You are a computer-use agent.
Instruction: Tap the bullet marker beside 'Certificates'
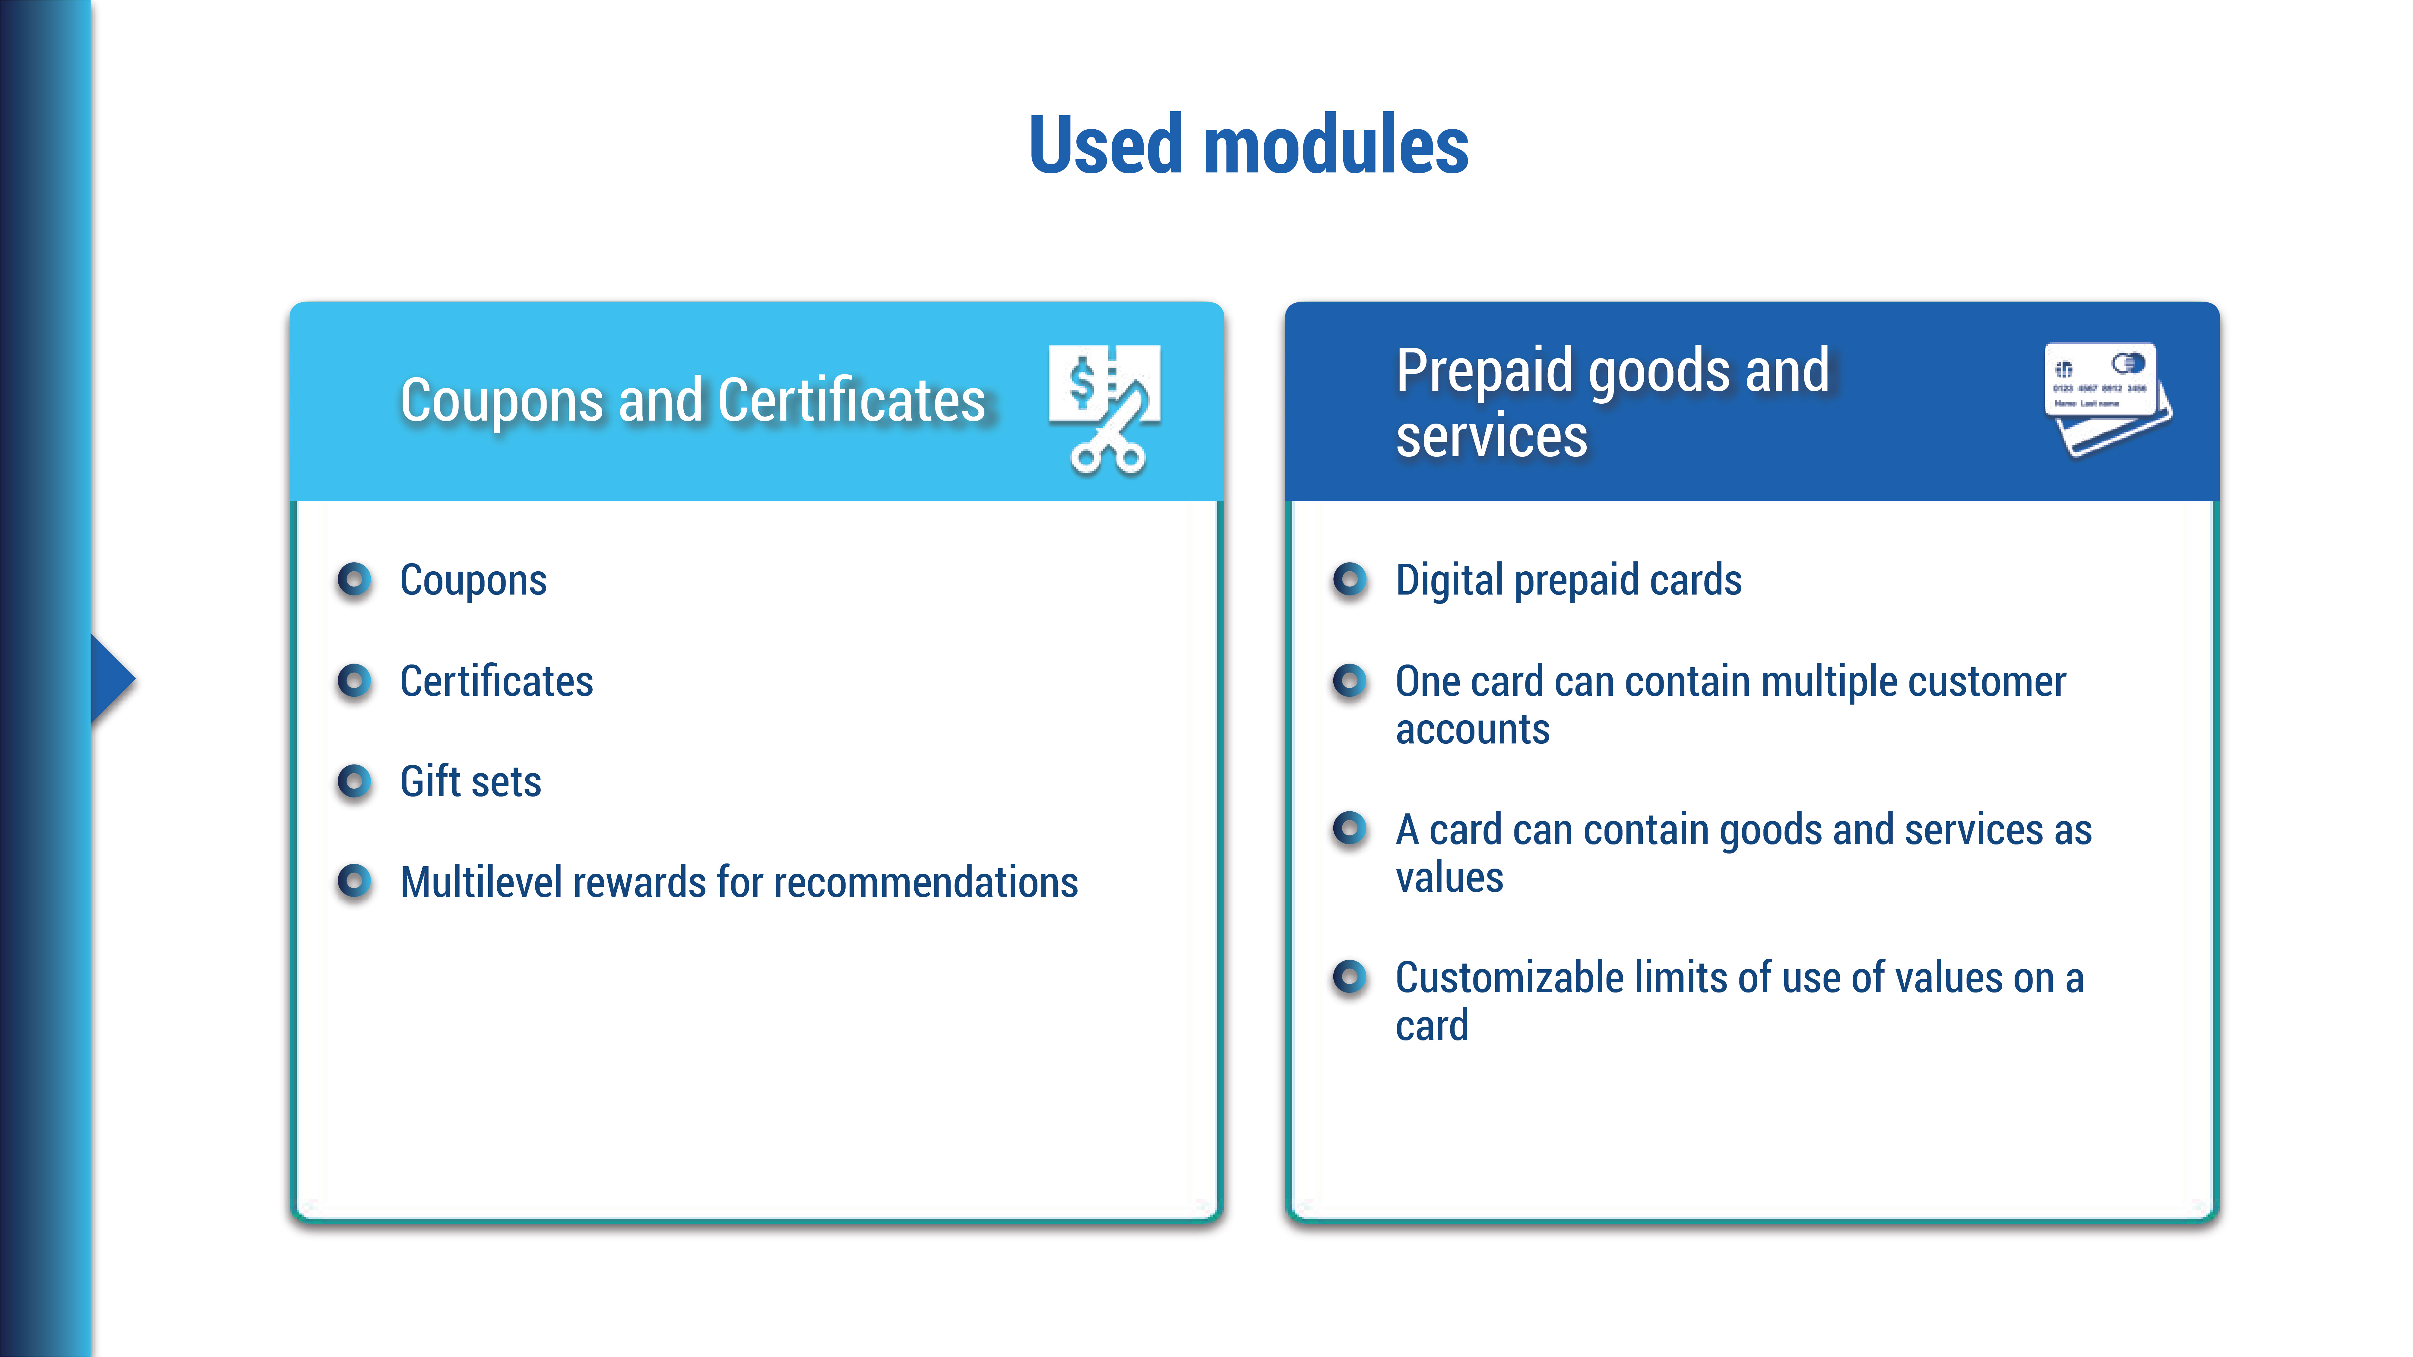click(x=354, y=681)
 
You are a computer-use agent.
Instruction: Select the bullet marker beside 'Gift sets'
click(x=354, y=781)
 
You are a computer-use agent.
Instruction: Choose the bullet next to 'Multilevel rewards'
click(x=354, y=881)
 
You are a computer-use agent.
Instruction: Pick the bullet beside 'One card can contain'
click(x=1350, y=681)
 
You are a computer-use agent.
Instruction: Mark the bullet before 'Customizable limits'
click(x=1350, y=977)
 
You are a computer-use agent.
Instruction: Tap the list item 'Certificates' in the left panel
click(x=496, y=681)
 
